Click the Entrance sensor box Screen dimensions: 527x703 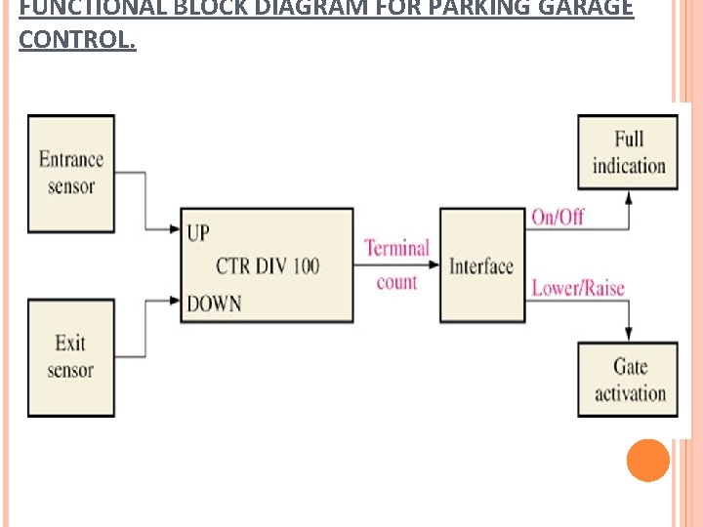coord(71,173)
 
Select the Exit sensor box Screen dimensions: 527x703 coord(71,357)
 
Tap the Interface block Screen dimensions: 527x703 coord(479,265)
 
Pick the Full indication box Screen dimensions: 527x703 coord(628,153)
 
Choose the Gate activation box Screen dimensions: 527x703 coord(628,380)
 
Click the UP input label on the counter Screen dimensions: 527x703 coord(198,232)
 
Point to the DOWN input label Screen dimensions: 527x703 coord(214,304)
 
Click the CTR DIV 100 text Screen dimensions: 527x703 coord(268,265)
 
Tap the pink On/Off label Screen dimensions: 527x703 coord(558,217)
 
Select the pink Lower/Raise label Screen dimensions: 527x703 coord(577,288)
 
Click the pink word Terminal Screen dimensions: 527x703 coord(396,248)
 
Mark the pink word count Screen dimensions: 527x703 coord(396,282)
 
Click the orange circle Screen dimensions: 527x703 coord(647,460)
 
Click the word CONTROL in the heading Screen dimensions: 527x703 coord(77,41)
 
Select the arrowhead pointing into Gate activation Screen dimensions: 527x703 coord(628,334)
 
